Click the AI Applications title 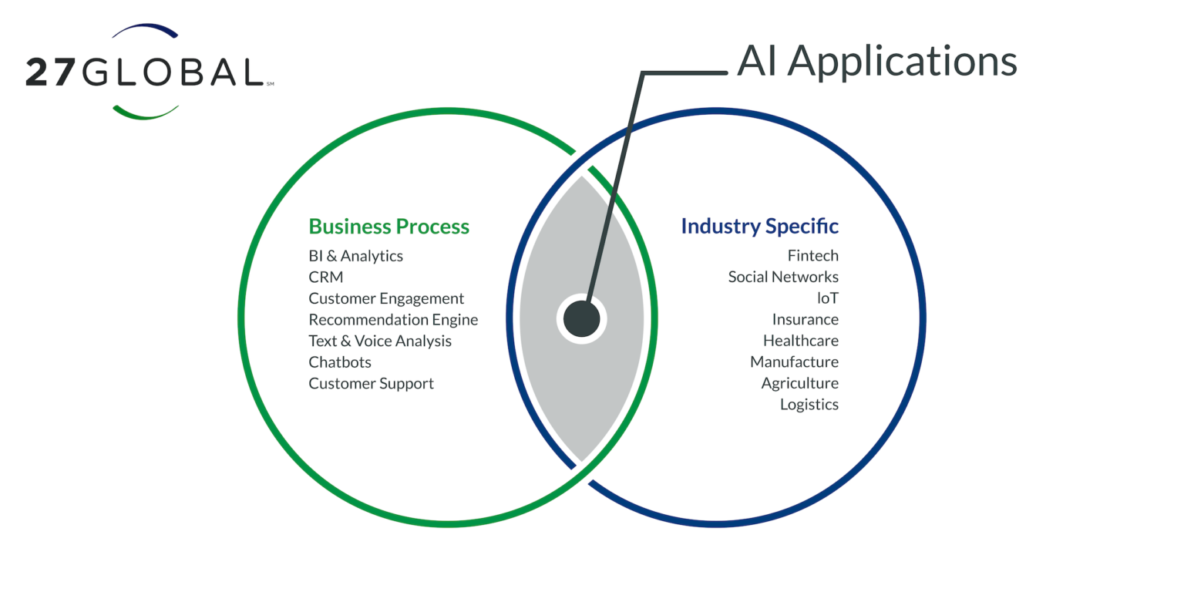pyautogui.click(x=876, y=60)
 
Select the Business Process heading pyautogui.click(x=388, y=227)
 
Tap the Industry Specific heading pyautogui.click(x=759, y=227)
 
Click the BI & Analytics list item pyautogui.click(x=355, y=256)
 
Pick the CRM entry pyautogui.click(x=325, y=277)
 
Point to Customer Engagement pyautogui.click(x=386, y=298)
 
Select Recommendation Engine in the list pyautogui.click(x=393, y=320)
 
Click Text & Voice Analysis pyautogui.click(x=380, y=341)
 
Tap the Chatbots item pyautogui.click(x=340, y=362)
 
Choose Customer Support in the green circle pyautogui.click(x=371, y=384)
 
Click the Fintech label pyautogui.click(x=812, y=256)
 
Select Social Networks pyautogui.click(x=783, y=277)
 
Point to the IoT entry pyautogui.click(x=827, y=298)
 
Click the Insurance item pyautogui.click(x=805, y=320)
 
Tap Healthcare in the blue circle pyautogui.click(x=800, y=341)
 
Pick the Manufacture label pyautogui.click(x=794, y=362)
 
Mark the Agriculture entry pyautogui.click(x=799, y=384)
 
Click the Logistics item pyautogui.click(x=809, y=405)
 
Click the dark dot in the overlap pyautogui.click(x=581, y=319)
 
